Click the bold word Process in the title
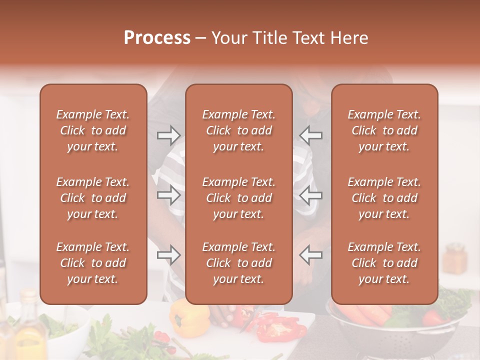click(157, 38)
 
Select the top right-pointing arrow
click(168, 135)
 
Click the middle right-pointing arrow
click(168, 195)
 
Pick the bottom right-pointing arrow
click(168, 255)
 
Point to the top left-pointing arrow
click(310, 135)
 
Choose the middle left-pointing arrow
click(310, 195)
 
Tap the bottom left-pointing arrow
click(310, 255)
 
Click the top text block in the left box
click(93, 130)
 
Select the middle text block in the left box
click(93, 198)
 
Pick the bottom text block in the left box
click(93, 263)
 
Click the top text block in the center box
click(238, 130)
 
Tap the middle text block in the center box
click(238, 198)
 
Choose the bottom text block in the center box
click(238, 263)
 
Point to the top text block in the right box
click(384, 130)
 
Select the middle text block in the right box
click(384, 198)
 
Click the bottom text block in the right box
click(384, 263)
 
